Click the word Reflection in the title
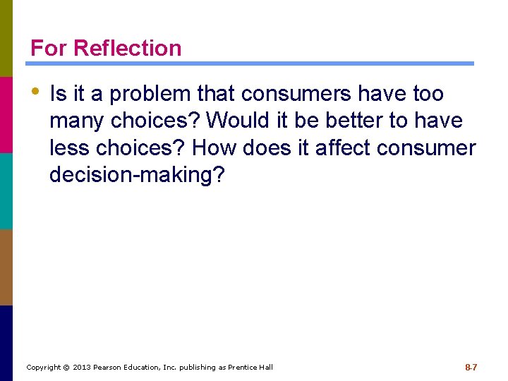[x=127, y=48]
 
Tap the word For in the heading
[x=49, y=48]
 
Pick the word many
[x=75, y=121]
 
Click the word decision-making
[x=136, y=176]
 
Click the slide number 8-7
[x=471, y=368]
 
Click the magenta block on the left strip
[x=6, y=114]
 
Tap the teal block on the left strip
[x=6, y=190]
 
